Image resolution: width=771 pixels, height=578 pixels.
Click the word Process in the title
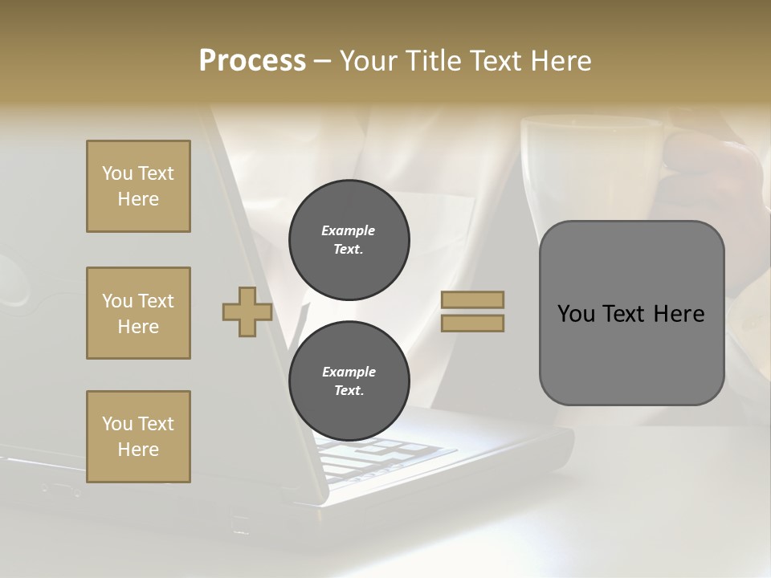point(252,61)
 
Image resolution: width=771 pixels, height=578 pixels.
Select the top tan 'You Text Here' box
point(138,186)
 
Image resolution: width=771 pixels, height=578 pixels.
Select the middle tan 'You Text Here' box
point(138,313)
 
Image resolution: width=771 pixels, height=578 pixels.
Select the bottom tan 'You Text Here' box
point(138,437)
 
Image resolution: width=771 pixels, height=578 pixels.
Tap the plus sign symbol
point(247,311)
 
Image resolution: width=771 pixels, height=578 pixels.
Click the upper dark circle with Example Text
point(349,240)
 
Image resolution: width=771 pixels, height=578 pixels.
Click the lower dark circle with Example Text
point(349,381)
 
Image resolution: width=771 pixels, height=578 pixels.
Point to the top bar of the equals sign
point(472,299)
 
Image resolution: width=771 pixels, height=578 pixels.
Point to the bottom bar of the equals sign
point(472,323)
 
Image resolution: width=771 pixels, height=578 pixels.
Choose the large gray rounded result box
point(631,313)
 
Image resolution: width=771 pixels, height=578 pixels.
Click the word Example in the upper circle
point(349,230)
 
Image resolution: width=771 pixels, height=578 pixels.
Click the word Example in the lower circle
point(349,372)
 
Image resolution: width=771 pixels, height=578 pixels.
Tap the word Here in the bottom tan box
point(138,450)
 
